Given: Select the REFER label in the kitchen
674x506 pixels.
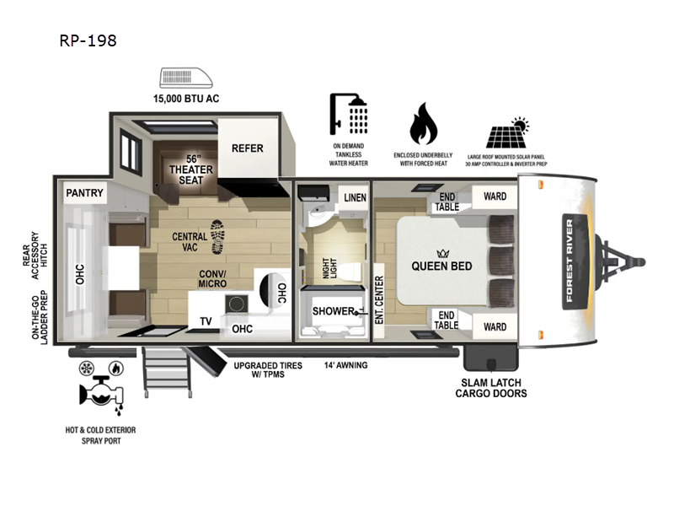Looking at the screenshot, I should click(248, 148).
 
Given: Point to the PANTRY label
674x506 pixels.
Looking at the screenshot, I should click(85, 193).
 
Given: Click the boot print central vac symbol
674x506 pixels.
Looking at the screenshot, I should click(217, 236).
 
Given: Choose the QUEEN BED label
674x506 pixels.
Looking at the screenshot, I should click(441, 266).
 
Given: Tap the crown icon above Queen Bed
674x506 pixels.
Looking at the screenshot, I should click(441, 250).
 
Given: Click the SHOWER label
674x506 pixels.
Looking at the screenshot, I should click(333, 310).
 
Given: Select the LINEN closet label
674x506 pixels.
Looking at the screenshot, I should click(354, 197).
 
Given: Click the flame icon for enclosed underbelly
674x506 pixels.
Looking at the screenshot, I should click(423, 126).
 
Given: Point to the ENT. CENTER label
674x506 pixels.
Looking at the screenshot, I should click(379, 300).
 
